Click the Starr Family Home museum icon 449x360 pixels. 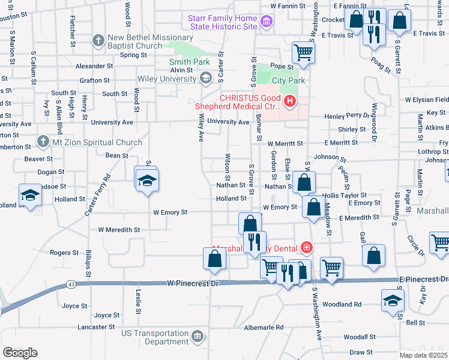[267, 23]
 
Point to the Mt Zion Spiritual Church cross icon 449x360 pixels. [42, 142]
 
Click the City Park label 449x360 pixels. [288, 80]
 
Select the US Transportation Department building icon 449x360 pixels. [197, 338]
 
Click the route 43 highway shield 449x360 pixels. [71, 284]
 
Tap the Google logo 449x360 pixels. [20, 353]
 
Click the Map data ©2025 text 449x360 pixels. [423, 355]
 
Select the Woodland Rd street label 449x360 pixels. [358, 304]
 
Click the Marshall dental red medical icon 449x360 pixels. [306, 247]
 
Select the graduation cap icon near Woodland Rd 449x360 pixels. [393, 299]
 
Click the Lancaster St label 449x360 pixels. [96, 327]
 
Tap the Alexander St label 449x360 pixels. [94, 65]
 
